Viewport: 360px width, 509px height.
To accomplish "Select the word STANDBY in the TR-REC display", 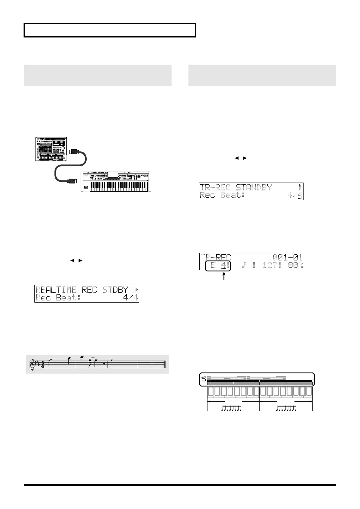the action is (x=254, y=187).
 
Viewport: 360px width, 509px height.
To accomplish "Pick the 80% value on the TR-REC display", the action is (x=294, y=265).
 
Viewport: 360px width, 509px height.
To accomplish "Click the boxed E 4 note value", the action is (x=218, y=265).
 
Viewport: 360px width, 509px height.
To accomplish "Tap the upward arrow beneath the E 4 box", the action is (x=224, y=276).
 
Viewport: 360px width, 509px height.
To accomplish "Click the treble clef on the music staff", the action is (x=32, y=365).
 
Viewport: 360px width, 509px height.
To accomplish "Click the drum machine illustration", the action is (x=50, y=149).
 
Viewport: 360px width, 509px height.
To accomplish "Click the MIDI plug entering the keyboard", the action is (x=72, y=181).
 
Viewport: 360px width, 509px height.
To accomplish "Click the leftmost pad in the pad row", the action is (x=211, y=392).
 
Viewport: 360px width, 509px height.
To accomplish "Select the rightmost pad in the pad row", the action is (x=309, y=392).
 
